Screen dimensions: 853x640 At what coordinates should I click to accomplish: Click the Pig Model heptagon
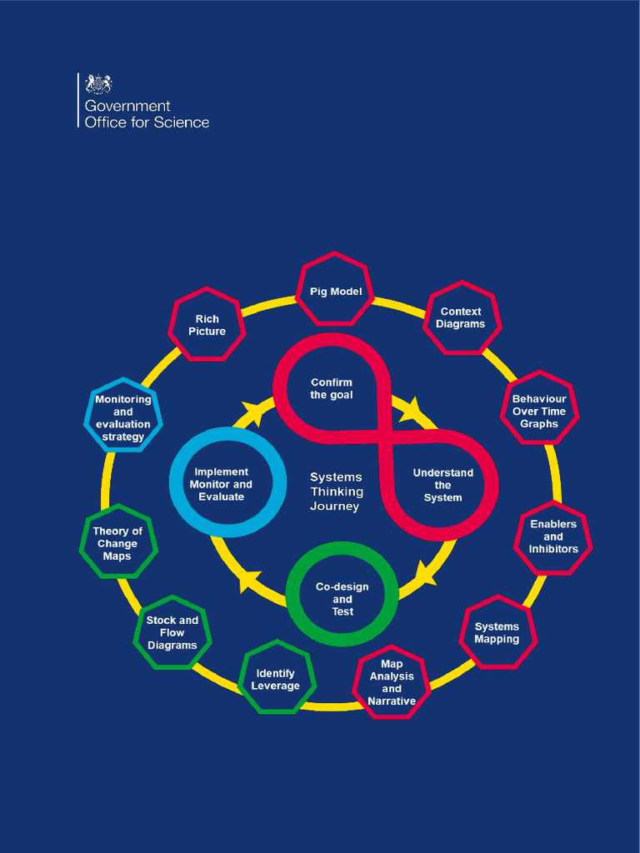336,291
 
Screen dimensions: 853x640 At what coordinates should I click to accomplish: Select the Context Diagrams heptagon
461,317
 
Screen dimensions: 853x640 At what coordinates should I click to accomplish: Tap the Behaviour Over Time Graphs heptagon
539,411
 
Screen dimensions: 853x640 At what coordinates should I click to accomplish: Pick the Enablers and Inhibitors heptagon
553,536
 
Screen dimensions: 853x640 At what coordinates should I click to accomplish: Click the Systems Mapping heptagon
497,632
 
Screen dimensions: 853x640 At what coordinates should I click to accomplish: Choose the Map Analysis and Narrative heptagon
392,682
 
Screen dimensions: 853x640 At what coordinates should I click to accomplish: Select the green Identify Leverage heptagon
277,679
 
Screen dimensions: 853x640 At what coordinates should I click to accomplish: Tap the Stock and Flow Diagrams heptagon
172,632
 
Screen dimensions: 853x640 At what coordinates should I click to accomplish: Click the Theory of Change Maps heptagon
117,543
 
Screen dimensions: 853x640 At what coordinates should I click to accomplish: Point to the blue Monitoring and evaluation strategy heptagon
123,417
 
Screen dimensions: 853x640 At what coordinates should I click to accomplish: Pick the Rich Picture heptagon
207,325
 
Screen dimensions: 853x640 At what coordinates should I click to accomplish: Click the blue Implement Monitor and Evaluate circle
222,483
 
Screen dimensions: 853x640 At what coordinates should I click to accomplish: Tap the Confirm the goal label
332,389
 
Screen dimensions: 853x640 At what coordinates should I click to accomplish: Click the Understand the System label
442,485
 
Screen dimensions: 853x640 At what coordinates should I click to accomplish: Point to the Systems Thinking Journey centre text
336,491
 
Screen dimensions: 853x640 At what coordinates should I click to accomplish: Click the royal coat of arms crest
99,84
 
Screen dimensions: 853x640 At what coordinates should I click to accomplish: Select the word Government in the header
127,106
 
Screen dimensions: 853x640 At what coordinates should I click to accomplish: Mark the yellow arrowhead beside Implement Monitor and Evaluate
250,581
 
